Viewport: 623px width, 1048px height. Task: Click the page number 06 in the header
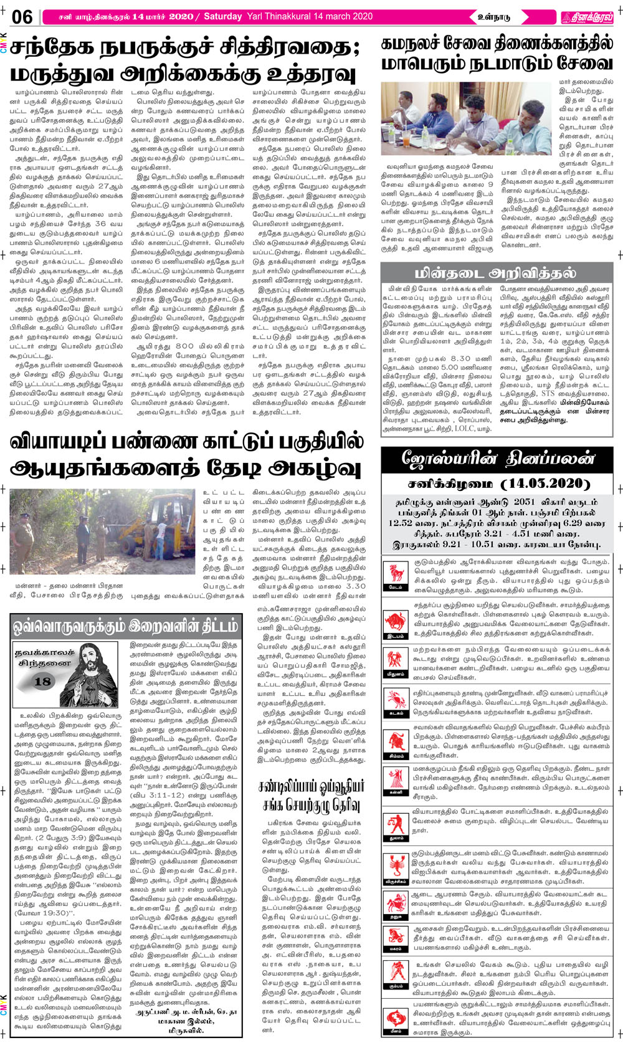click(22, 17)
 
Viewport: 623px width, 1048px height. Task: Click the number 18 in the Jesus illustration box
click(42, 681)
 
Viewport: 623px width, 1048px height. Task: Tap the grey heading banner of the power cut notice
click(495, 272)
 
